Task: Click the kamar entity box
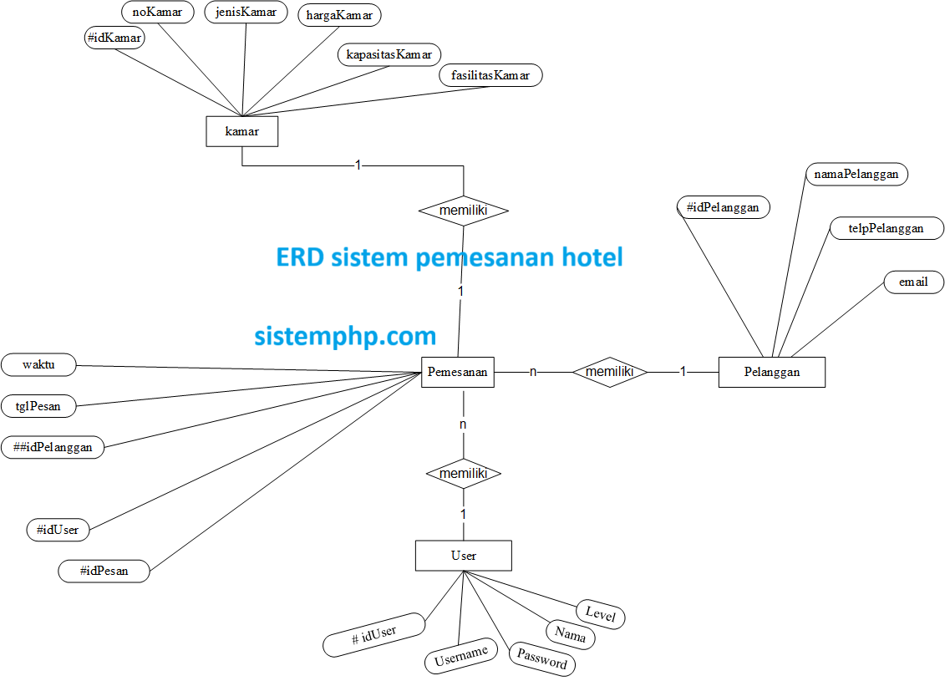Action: point(241,132)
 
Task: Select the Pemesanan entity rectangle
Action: point(457,372)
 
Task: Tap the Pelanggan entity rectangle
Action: point(771,372)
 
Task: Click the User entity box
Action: point(463,556)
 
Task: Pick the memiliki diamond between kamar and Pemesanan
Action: point(464,211)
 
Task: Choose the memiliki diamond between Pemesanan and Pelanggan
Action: point(610,372)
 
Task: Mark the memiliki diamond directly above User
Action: point(464,474)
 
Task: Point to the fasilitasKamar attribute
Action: point(490,75)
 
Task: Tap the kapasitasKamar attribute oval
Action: point(389,55)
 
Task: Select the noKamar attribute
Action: point(157,12)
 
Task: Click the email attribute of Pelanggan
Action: point(913,282)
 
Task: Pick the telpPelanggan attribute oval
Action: point(886,228)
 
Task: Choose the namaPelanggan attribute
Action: point(856,174)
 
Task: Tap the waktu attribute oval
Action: point(38,364)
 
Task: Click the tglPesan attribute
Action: point(38,406)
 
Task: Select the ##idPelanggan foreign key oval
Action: point(53,447)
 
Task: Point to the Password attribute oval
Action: point(542,658)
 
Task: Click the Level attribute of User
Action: point(600,615)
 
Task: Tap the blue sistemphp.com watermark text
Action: point(345,336)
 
